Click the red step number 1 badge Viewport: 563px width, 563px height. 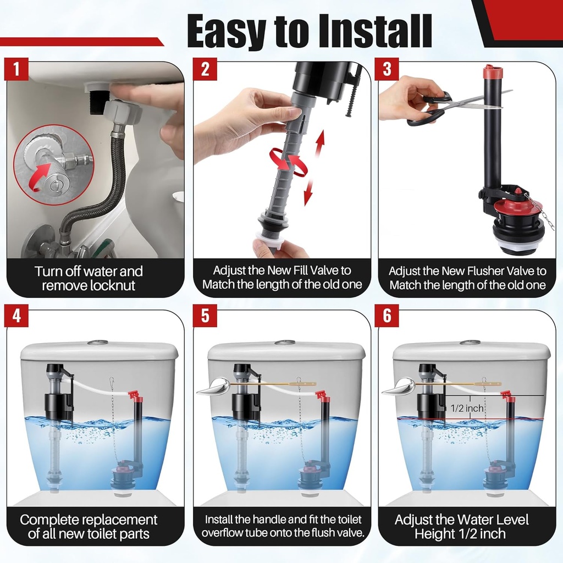click(x=16, y=70)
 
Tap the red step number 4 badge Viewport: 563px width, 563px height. click(x=16, y=317)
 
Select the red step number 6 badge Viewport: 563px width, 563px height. click(x=388, y=317)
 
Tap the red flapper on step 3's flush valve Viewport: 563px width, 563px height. click(x=517, y=208)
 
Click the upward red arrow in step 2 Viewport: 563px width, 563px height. click(x=319, y=144)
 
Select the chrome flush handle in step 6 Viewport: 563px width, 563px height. click(x=398, y=388)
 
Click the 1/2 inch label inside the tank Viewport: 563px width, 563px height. click(x=467, y=409)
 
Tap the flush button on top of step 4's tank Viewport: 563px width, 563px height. click(x=97, y=343)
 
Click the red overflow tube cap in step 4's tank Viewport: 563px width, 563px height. click(x=134, y=395)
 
